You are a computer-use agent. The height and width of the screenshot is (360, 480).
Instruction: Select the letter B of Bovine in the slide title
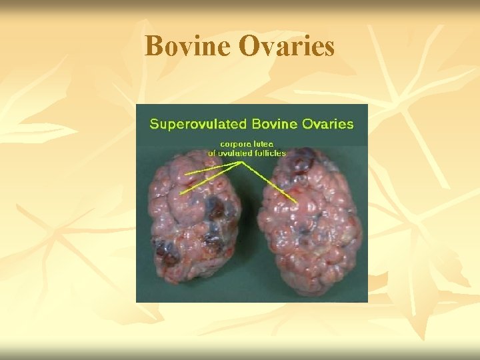(153, 46)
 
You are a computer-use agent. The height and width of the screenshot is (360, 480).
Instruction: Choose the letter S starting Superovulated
(154, 124)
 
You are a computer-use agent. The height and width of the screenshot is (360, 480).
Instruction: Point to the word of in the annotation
(214, 153)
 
